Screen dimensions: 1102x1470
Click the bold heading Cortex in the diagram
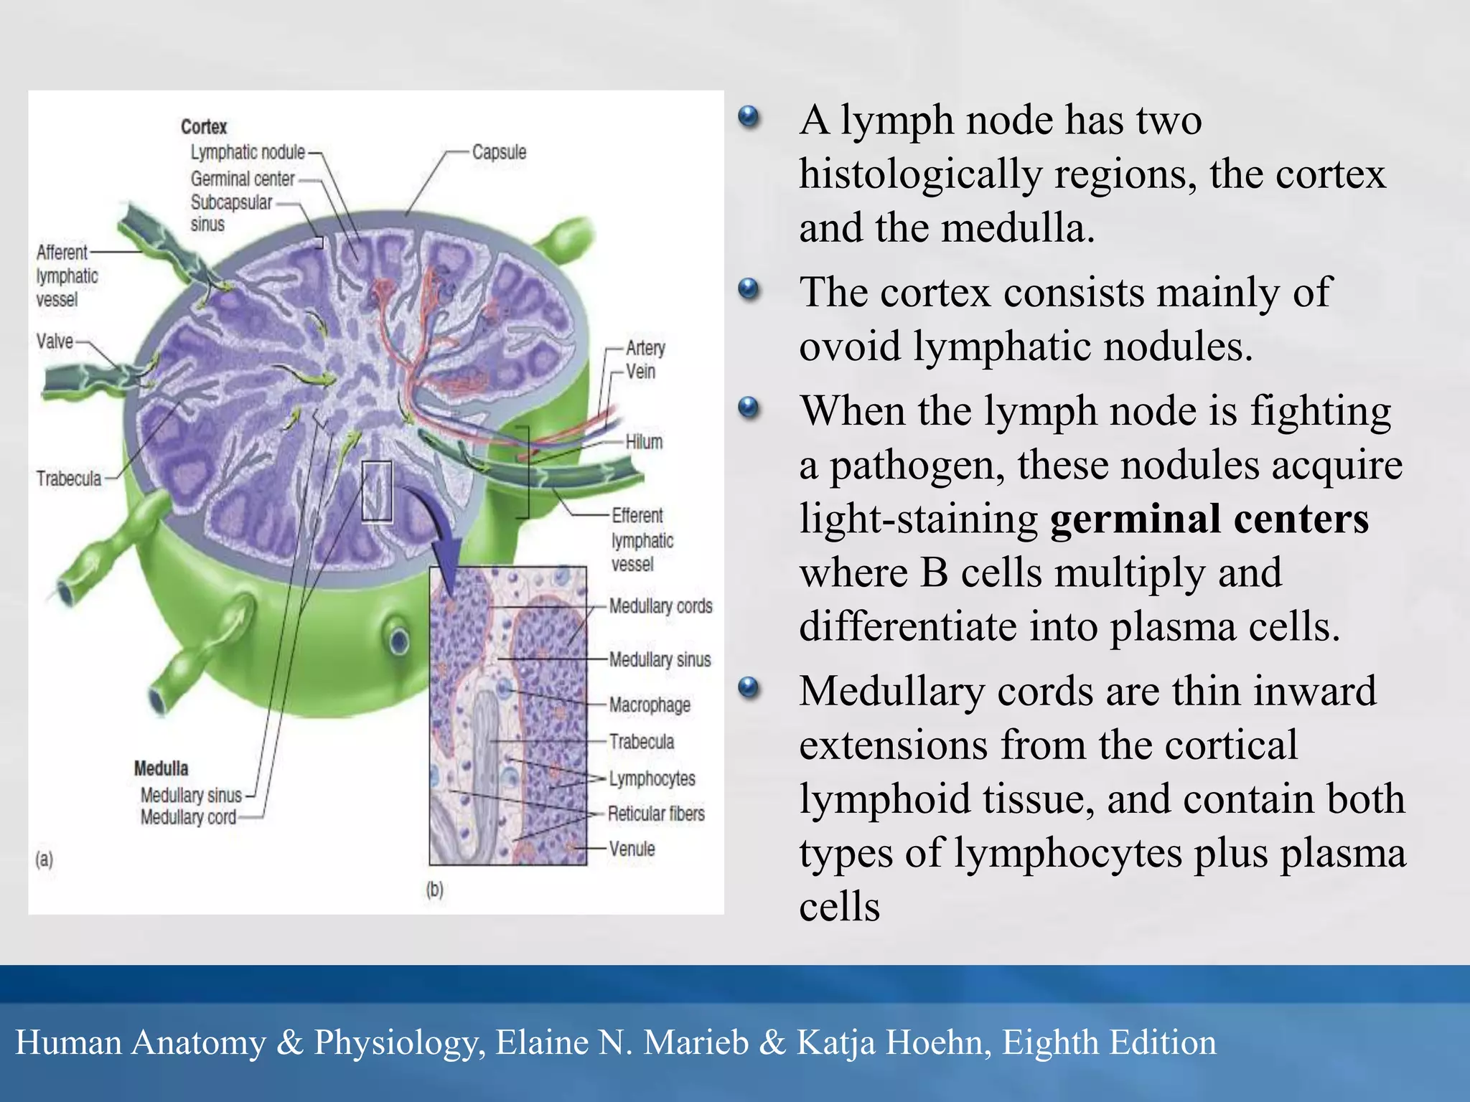click(x=204, y=127)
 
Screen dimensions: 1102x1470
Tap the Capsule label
click(x=499, y=152)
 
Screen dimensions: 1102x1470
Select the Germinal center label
click(x=243, y=179)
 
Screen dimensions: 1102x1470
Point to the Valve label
click(x=55, y=341)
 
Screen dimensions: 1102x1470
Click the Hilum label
click(x=643, y=442)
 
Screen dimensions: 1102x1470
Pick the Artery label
click(x=645, y=348)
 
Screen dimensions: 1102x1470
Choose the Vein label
click(x=640, y=372)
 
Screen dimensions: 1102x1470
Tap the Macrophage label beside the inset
click(x=650, y=705)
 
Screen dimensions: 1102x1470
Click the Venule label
click(x=632, y=849)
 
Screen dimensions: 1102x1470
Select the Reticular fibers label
click(x=656, y=814)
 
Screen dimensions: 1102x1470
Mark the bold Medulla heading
click(x=161, y=768)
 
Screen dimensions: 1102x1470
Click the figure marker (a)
click(x=45, y=859)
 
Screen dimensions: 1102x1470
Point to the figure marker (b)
click(x=435, y=890)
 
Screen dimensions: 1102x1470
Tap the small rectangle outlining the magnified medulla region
click(x=377, y=491)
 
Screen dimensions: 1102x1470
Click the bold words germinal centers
click(x=1209, y=519)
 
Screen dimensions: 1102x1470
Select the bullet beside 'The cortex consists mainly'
click(x=748, y=290)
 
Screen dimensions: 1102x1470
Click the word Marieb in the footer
click(x=696, y=1042)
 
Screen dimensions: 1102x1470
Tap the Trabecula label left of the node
click(x=69, y=478)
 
